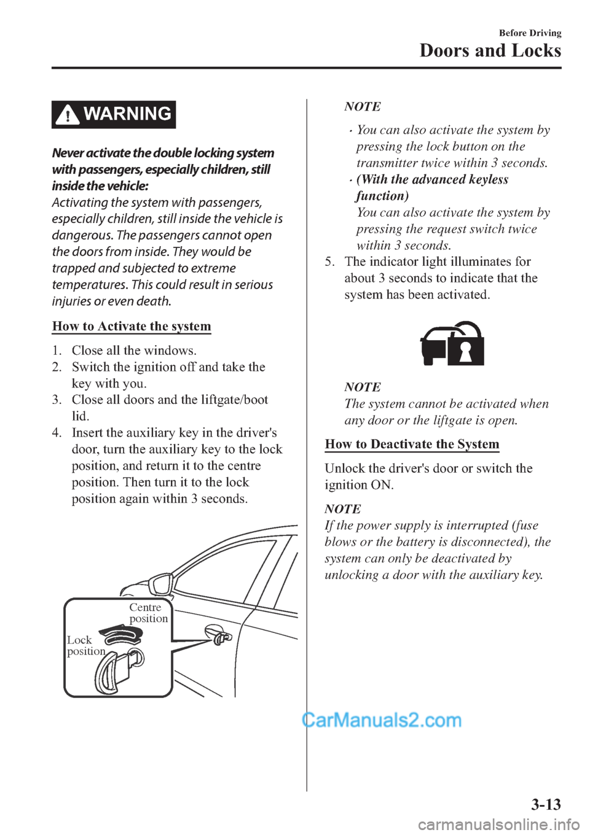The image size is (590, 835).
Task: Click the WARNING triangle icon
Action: (x=68, y=115)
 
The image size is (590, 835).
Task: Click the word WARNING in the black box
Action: (x=127, y=114)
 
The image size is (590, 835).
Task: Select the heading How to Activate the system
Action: (x=132, y=326)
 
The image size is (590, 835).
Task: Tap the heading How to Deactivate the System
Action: (x=412, y=444)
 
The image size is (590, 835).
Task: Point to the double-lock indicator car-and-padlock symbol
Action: (x=452, y=344)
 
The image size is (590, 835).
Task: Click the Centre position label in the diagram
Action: (x=148, y=613)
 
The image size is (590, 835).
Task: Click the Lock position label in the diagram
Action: (x=85, y=645)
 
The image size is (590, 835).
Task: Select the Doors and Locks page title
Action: (x=490, y=50)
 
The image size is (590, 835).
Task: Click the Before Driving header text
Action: (x=530, y=33)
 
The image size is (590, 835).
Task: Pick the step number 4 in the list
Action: (x=56, y=433)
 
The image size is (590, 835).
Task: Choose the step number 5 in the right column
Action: (x=329, y=262)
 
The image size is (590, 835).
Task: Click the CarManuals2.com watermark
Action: (x=382, y=720)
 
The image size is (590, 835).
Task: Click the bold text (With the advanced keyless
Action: (x=432, y=179)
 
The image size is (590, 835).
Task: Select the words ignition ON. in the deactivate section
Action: (x=359, y=485)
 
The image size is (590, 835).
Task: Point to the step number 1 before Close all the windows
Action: (x=56, y=351)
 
